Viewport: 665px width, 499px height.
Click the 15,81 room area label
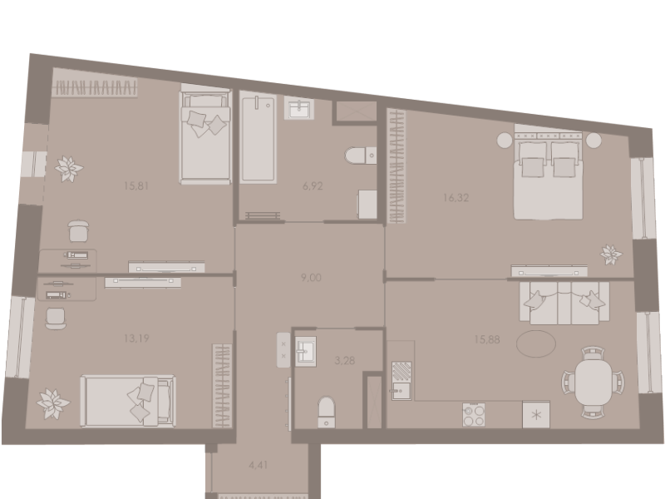[136, 185]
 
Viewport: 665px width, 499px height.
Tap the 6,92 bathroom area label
[313, 185]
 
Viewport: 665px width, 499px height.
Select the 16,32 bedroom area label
[456, 198]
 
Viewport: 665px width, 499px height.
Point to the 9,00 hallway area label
[311, 278]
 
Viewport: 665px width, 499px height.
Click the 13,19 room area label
[136, 338]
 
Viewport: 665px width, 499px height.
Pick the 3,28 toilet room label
[344, 361]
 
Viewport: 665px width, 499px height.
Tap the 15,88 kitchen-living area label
[487, 339]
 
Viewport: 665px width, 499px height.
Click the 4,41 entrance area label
[259, 465]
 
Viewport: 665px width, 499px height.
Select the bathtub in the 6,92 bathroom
[258, 139]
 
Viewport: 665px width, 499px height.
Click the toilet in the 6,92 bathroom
[360, 156]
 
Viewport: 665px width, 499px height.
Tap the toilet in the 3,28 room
[326, 411]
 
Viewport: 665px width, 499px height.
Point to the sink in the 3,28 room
[305, 351]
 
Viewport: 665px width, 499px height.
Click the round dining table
[594, 383]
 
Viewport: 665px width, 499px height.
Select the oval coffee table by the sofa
[536, 343]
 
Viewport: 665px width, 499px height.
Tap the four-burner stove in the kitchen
[474, 414]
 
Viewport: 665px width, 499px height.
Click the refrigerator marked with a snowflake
[536, 414]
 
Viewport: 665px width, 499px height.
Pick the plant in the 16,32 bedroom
[611, 254]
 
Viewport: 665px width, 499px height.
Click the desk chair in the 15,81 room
[78, 231]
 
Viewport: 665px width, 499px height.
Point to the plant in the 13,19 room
[53, 403]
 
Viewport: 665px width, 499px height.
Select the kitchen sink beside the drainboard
[401, 391]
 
